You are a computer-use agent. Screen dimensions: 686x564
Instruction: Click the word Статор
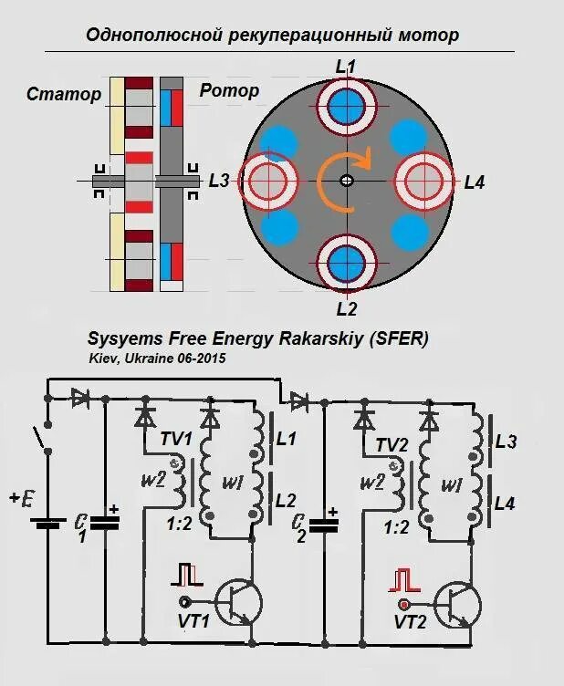click(x=63, y=95)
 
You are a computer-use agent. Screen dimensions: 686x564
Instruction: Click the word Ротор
click(x=229, y=90)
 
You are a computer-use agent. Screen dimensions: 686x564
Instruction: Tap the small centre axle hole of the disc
click(x=346, y=181)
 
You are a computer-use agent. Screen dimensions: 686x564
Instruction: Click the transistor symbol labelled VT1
click(x=238, y=602)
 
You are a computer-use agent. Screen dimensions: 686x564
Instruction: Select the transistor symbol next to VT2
click(x=454, y=602)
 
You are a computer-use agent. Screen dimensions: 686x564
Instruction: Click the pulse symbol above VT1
click(x=188, y=574)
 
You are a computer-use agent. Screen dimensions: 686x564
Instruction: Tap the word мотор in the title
click(x=429, y=36)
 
